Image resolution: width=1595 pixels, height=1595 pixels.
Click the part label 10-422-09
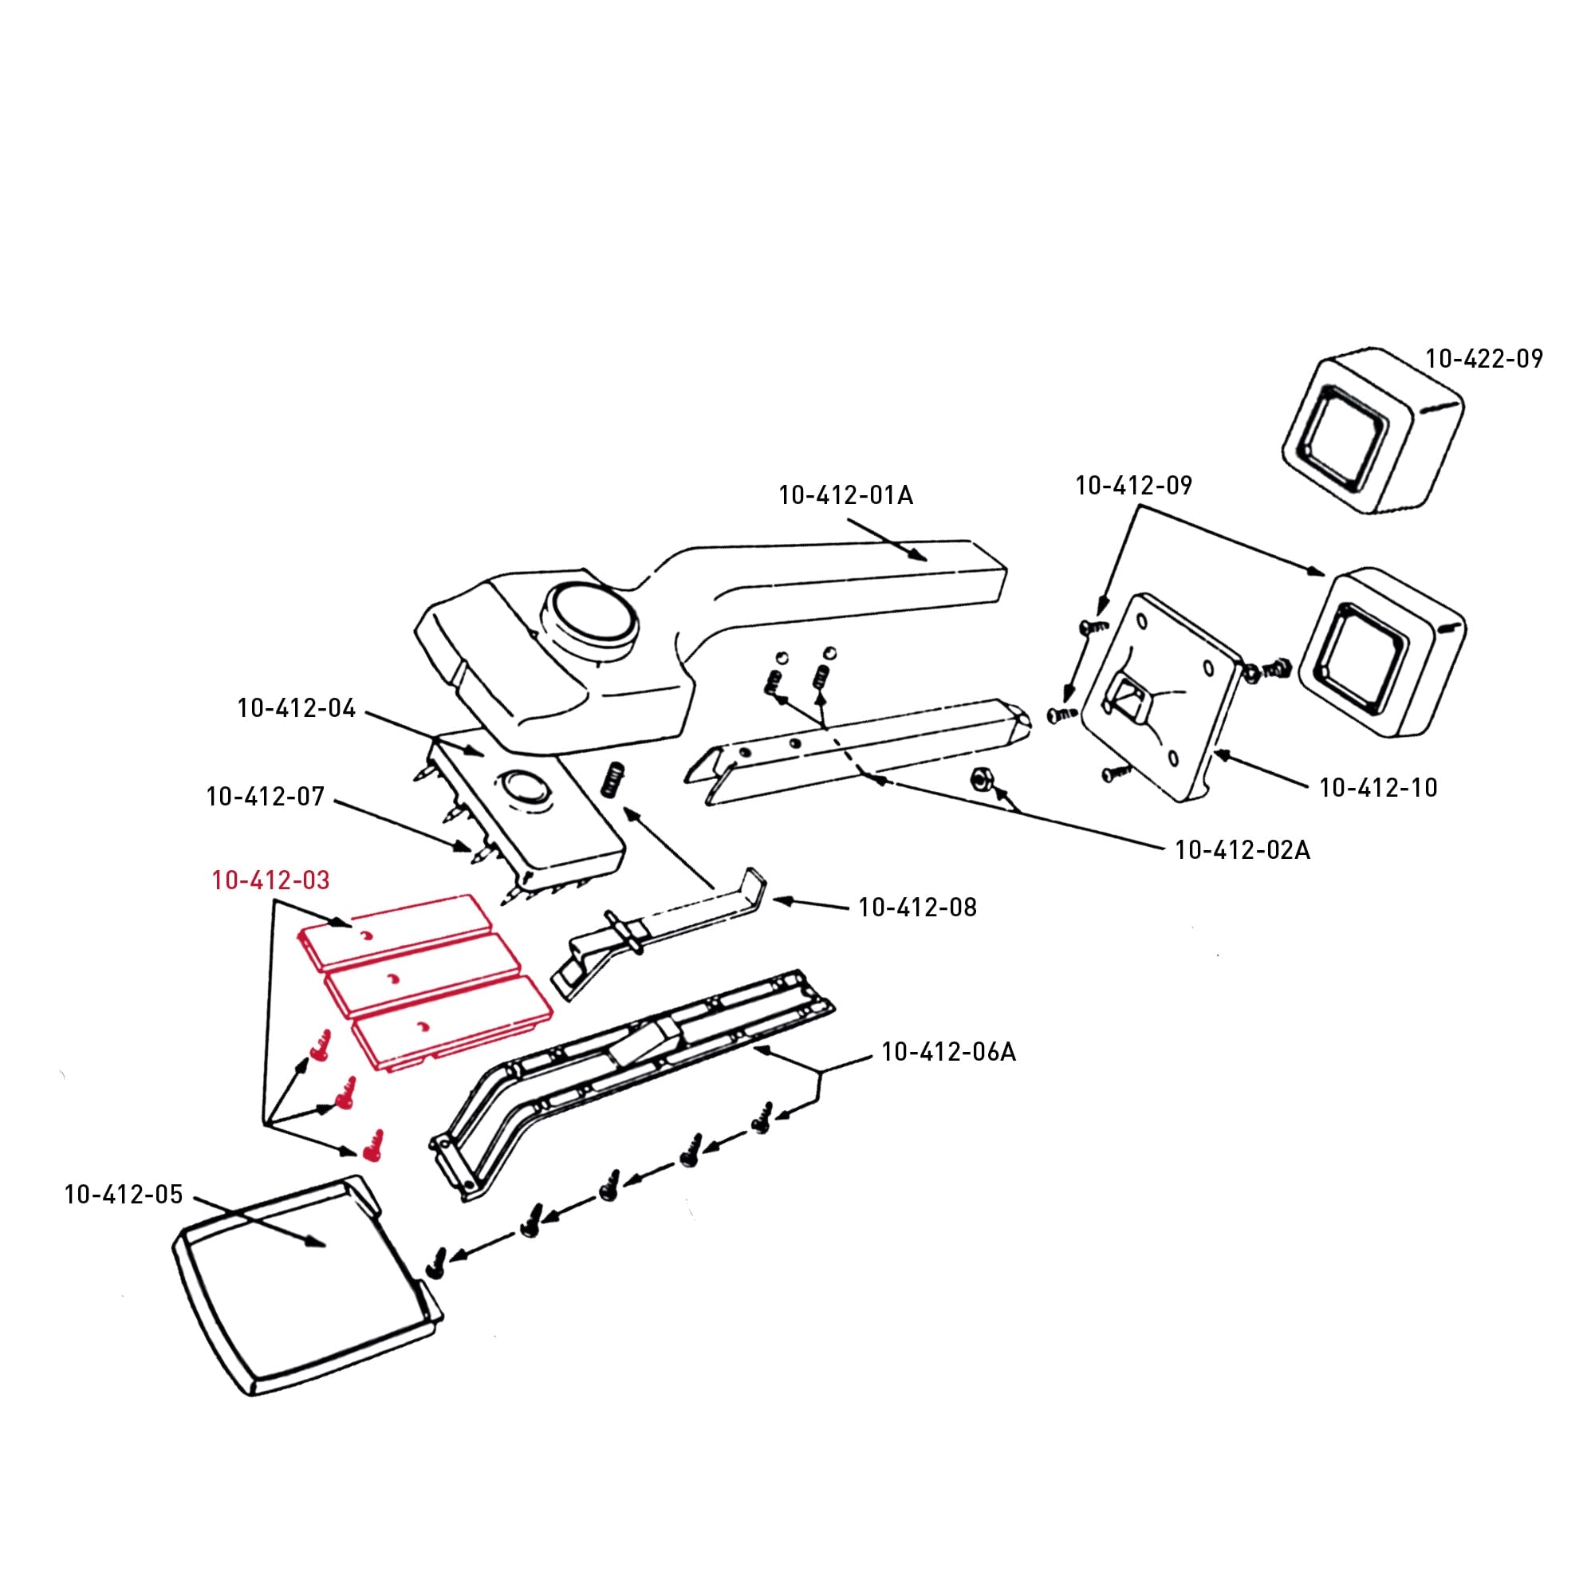[1484, 359]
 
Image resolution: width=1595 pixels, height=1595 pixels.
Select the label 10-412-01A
[846, 495]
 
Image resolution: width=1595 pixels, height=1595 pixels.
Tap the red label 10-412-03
[271, 881]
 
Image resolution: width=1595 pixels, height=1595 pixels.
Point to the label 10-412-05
[124, 1195]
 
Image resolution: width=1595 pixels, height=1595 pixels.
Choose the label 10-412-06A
[948, 1052]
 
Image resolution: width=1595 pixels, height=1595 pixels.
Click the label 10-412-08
[917, 908]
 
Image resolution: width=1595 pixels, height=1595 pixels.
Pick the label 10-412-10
[1379, 788]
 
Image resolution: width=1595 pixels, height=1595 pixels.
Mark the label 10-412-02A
[1243, 849]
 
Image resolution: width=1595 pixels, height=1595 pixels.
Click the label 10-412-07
[265, 797]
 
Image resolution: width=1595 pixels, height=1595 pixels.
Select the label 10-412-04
[297, 708]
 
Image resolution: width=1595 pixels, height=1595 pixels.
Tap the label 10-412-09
[1133, 486]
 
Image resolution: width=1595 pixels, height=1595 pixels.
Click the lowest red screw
[373, 1146]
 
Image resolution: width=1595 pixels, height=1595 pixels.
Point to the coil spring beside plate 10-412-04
[612, 778]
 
